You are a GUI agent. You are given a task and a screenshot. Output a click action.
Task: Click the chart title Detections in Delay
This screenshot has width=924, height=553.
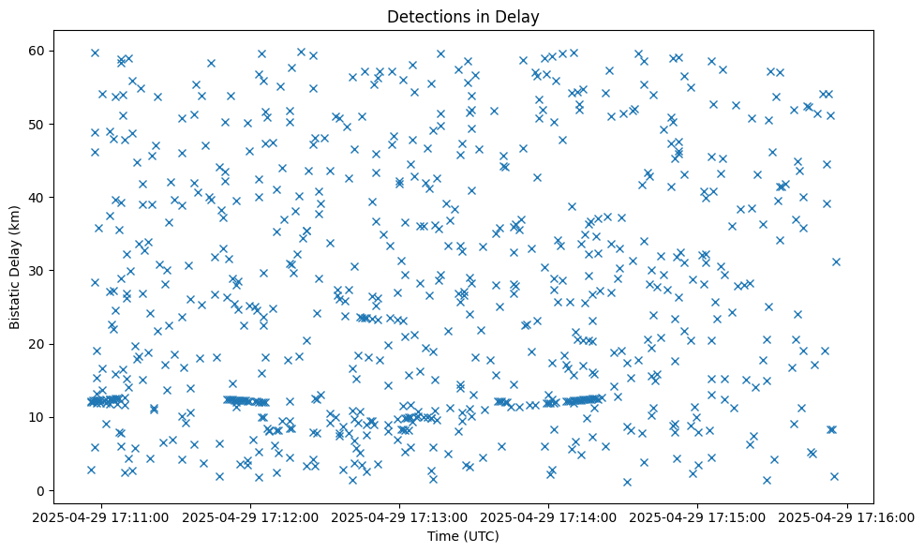[x=463, y=17]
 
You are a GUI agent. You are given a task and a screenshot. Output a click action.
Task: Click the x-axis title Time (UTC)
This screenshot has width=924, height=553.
[x=463, y=537]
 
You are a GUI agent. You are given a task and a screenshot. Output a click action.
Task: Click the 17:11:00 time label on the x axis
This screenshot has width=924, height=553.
[x=101, y=516]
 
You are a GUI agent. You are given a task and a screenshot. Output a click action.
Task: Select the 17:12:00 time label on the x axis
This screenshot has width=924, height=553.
[x=251, y=516]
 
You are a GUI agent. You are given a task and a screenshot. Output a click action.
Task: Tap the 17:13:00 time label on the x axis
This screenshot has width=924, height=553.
[x=400, y=516]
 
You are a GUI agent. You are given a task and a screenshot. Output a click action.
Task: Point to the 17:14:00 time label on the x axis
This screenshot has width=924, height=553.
[x=549, y=516]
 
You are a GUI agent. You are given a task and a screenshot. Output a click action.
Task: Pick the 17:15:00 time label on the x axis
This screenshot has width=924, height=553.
[x=698, y=516]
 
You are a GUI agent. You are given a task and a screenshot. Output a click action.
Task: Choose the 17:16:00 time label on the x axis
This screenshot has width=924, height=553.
[x=847, y=516]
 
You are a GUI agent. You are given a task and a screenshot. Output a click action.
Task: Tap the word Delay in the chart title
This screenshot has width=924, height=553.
[x=520, y=17]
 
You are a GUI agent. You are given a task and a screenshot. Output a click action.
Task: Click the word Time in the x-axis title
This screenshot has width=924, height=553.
[x=442, y=537]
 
